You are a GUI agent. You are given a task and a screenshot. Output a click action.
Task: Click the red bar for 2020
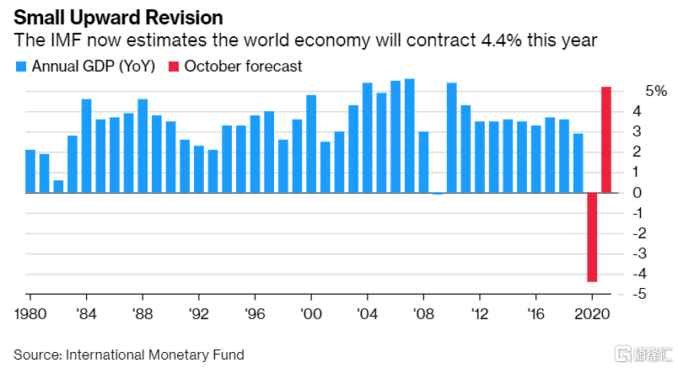pos(592,237)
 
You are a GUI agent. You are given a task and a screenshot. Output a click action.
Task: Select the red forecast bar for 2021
pos(606,140)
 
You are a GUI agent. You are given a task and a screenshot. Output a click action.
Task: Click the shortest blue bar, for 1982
pos(58,186)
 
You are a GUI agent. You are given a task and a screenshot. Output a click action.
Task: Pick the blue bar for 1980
pos(30,171)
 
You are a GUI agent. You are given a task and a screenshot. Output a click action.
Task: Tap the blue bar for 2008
pos(423,162)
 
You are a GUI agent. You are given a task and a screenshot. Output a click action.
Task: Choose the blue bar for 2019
pos(578,163)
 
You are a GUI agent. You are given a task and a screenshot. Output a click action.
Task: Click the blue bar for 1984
pos(86,146)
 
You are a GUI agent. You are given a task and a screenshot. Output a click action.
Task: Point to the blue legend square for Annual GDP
pos(21,67)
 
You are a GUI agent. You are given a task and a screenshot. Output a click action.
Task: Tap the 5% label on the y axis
pos(633,91)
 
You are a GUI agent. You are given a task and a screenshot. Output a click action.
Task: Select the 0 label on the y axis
pos(637,193)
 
